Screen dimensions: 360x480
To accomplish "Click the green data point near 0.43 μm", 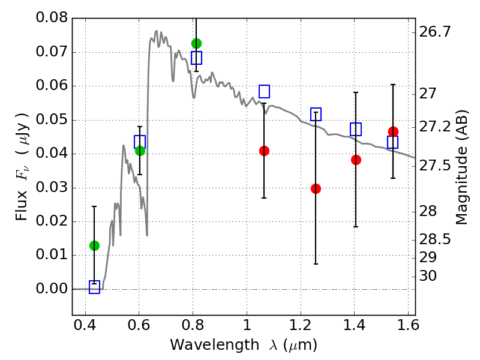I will coord(94,245).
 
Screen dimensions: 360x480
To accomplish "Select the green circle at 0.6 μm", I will coord(140,151).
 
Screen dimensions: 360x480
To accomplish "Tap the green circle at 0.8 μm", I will coord(196,43).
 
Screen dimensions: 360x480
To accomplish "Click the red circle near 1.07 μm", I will coord(264,151).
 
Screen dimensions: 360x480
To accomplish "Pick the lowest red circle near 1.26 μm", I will coord(316,188).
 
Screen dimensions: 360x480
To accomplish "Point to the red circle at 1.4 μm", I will coord(356,160).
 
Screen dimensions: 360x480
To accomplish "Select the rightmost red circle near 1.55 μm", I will coord(393,132).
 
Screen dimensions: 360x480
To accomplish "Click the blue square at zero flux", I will coord(94,287).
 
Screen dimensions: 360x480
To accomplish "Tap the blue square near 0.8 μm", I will coord(196,58).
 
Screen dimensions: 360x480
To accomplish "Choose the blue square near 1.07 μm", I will coord(264,91).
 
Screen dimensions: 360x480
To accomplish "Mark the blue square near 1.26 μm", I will coord(316,114).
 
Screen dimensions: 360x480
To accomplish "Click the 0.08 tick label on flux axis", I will coord(52,18).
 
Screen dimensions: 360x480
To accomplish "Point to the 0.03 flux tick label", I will coord(52,188).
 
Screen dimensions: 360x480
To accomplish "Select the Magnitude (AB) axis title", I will coord(461,167).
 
